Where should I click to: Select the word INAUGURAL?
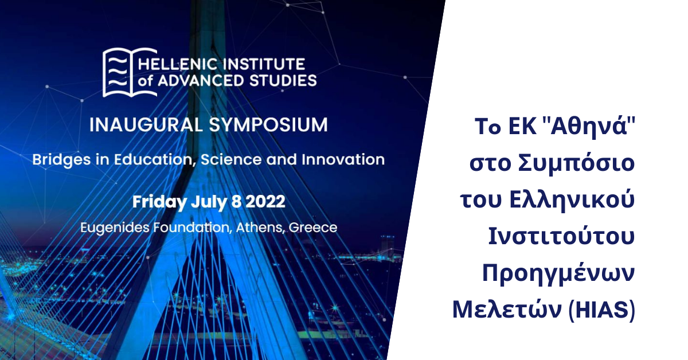(x=146, y=125)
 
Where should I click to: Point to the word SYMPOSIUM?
(x=268, y=125)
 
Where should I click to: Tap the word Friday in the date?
(x=160, y=202)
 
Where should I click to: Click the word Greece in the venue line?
(x=313, y=228)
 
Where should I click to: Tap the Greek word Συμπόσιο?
(x=576, y=164)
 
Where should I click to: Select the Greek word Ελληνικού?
(x=572, y=200)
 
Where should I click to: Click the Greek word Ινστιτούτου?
(x=562, y=236)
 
